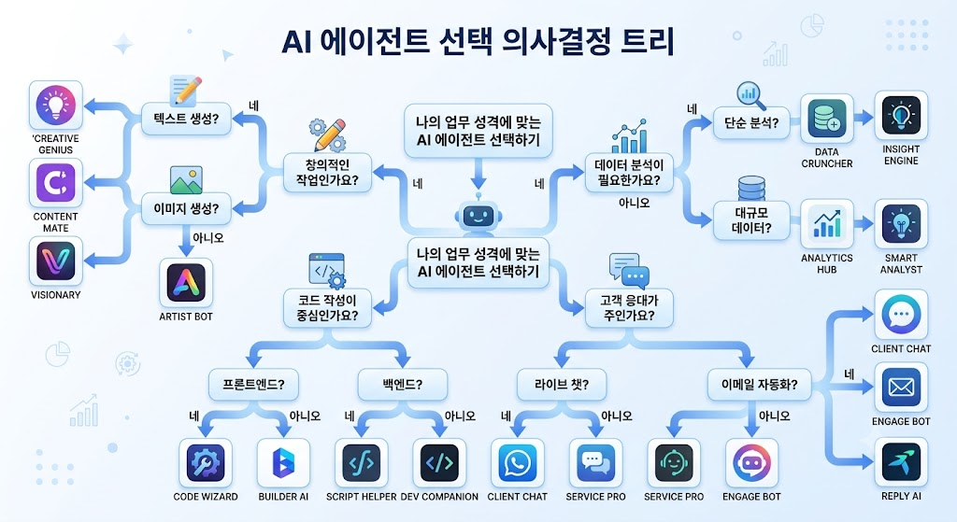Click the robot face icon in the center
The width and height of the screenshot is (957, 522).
pyautogui.click(x=478, y=216)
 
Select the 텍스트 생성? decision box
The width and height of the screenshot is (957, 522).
pyautogui.click(x=187, y=119)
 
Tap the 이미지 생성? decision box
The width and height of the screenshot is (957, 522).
pyautogui.click(x=186, y=209)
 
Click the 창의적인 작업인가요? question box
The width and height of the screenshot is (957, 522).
pyautogui.click(x=327, y=173)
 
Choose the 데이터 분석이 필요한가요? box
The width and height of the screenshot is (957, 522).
pyautogui.click(x=629, y=173)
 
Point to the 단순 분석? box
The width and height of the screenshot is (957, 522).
pyautogui.click(x=751, y=122)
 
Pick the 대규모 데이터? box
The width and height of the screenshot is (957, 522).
pyautogui.click(x=751, y=220)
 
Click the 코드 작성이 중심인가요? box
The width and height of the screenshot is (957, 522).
pyautogui.click(x=327, y=308)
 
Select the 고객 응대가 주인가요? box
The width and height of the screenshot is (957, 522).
pyautogui.click(x=629, y=308)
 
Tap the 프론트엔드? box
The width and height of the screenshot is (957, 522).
pyautogui.click(x=254, y=385)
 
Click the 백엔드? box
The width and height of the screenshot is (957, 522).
pyautogui.click(x=403, y=385)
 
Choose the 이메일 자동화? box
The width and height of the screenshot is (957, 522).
pyautogui.click(x=759, y=385)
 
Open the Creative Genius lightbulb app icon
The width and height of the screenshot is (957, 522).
pyautogui.click(x=55, y=106)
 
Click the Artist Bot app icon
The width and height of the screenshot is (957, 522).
pyautogui.click(x=186, y=283)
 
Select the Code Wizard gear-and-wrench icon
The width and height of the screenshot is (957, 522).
pyautogui.click(x=206, y=463)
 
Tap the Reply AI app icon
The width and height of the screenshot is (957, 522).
pyautogui.click(x=901, y=463)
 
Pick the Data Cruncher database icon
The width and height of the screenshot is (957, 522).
pyautogui.click(x=827, y=119)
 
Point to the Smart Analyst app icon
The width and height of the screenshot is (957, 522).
pyautogui.click(x=901, y=224)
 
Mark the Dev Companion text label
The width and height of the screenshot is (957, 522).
pyautogui.click(x=439, y=497)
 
